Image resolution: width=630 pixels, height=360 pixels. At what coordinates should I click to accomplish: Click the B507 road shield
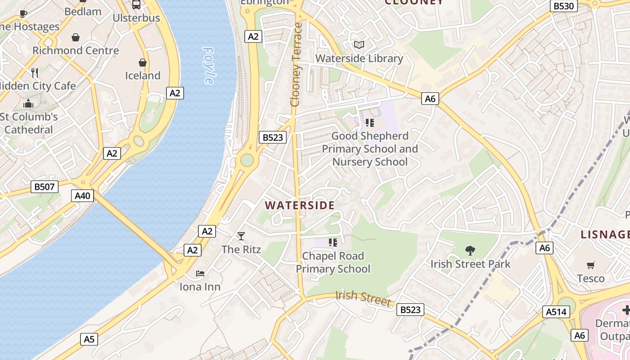[45, 186]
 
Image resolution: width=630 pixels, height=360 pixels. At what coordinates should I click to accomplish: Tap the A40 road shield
[83, 196]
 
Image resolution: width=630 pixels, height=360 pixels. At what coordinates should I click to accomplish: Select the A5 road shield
[89, 339]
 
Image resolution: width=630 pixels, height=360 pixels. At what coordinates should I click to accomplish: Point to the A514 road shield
[557, 312]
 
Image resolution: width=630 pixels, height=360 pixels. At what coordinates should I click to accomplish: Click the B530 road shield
[563, 6]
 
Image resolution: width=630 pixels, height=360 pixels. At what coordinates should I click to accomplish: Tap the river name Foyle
[208, 65]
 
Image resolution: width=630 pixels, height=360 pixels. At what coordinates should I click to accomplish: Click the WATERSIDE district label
[300, 206]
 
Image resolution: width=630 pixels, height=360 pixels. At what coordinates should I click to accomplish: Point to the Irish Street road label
[363, 298]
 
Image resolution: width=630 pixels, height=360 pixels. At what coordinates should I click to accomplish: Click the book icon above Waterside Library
[359, 45]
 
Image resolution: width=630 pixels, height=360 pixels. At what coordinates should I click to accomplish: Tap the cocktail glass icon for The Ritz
[241, 236]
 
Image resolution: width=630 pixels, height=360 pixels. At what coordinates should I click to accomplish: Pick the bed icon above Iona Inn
[200, 273]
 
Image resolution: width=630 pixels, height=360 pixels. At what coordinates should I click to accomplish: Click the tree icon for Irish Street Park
[470, 250]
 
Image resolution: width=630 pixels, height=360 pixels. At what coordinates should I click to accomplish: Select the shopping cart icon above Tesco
[591, 265]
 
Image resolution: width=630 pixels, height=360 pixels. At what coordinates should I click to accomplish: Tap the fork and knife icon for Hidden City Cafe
[35, 72]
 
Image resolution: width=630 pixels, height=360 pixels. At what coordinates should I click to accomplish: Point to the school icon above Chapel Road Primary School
[333, 243]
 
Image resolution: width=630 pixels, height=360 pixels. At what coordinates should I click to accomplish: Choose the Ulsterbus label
[136, 18]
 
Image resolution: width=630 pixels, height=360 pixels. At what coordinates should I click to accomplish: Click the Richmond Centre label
[76, 50]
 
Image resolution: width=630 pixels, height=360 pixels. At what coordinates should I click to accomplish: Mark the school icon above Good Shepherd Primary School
[370, 123]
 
